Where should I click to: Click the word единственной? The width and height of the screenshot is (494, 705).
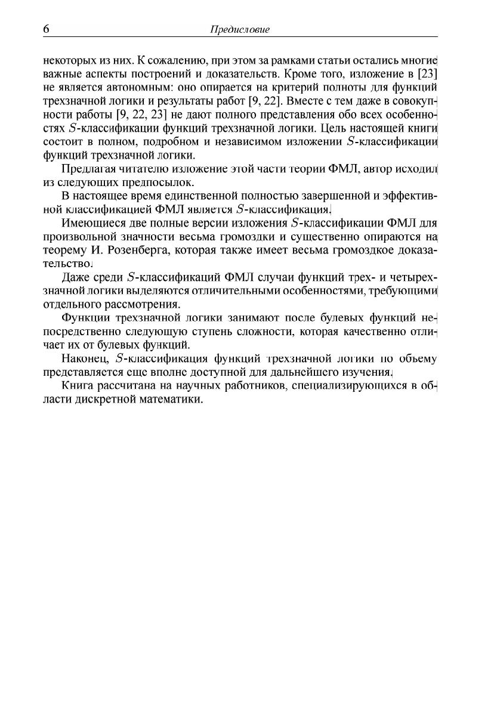(182, 196)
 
